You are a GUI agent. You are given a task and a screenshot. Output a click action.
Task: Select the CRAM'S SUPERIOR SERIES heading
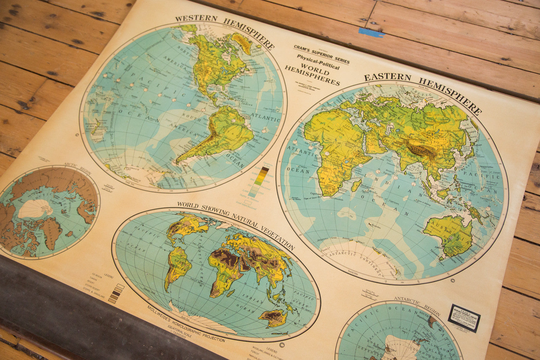pos(321,54)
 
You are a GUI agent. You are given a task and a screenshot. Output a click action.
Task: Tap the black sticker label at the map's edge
pos(464,317)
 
